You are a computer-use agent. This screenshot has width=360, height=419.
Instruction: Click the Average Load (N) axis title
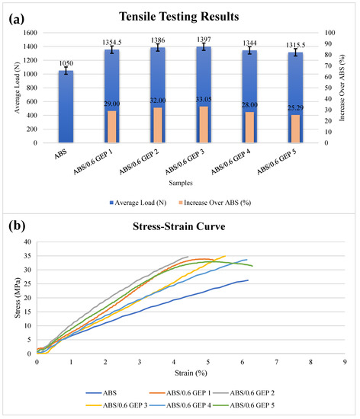point(8,88)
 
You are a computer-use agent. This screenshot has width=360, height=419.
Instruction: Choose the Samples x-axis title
point(181,183)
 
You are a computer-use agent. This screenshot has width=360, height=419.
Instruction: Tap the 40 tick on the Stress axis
point(30,241)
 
